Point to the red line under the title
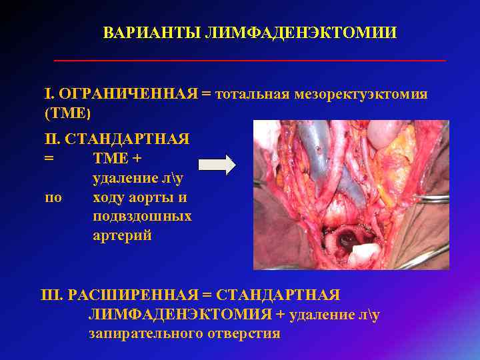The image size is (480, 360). point(249,61)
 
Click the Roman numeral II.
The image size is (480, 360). point(51,140)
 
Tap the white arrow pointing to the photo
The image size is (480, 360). point(217,164)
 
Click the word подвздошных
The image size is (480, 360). point(142,217)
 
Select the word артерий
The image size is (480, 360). point(122,236)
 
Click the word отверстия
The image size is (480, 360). point(242,333)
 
